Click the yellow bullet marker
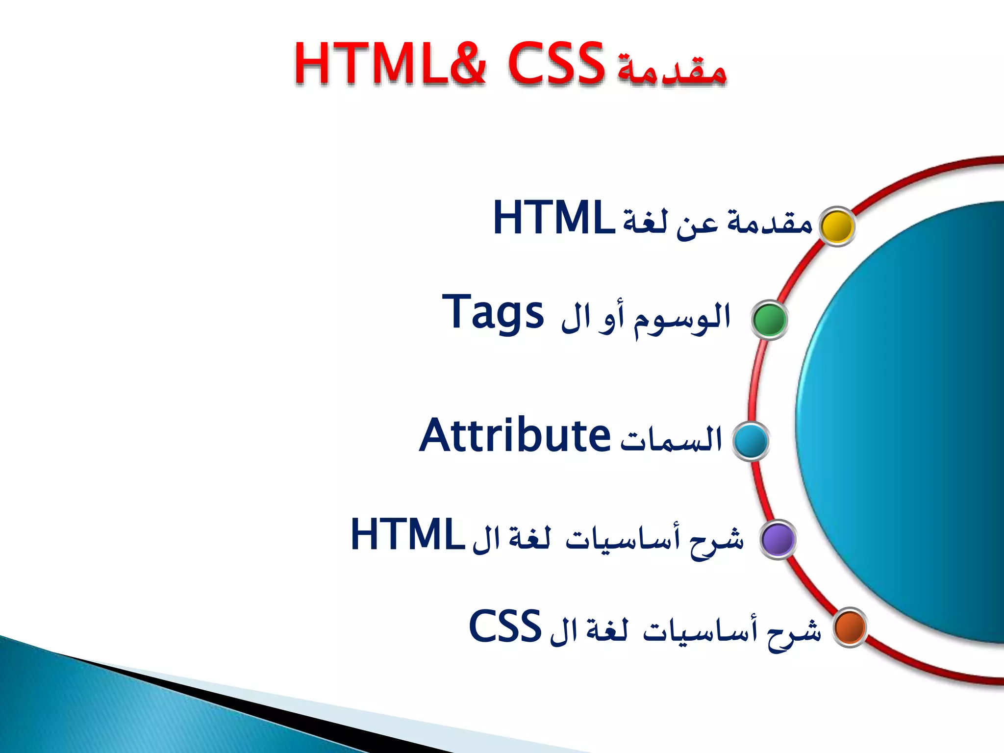[x=837, y=226]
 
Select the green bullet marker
[x=770, y=320]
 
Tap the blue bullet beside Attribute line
[x=751, y=441]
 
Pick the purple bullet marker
[x=778, y=539]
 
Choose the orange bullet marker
[x=850, y=627]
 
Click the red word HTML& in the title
[x=390, y=64]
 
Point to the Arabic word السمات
[x=672, y=439]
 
